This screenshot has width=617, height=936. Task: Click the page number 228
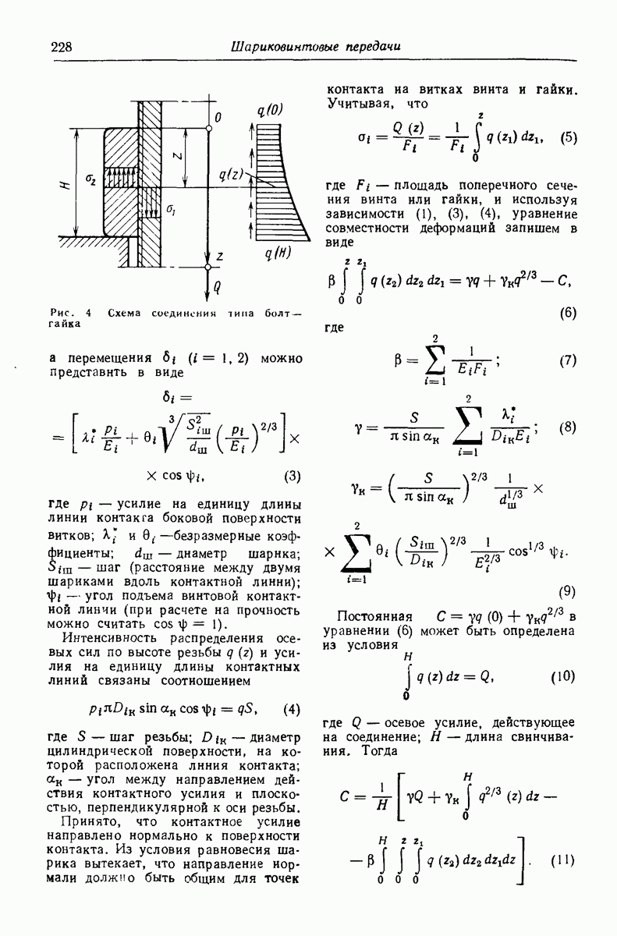click(62, 48)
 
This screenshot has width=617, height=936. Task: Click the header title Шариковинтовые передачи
click(315, 47)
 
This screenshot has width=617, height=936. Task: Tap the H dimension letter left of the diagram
click(65, 184)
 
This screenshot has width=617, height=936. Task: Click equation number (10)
click(562, 676)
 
